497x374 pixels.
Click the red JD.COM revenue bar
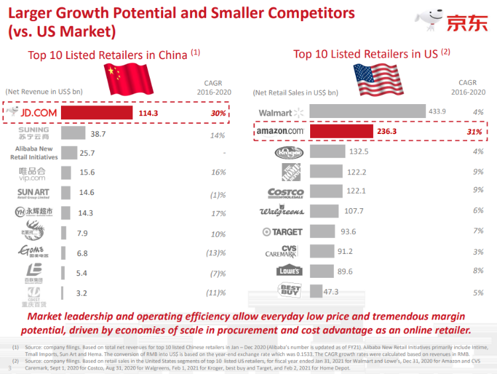97,113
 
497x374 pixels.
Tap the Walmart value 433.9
437,111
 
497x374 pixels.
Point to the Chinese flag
130,81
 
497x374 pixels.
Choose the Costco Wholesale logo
285,193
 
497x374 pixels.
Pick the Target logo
282,231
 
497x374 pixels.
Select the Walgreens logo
281,212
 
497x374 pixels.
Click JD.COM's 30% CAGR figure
218,113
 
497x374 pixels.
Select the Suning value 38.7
98,134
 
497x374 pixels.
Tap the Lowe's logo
289,271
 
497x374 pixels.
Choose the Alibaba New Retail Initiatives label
34,153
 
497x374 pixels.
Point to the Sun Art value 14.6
87,193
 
